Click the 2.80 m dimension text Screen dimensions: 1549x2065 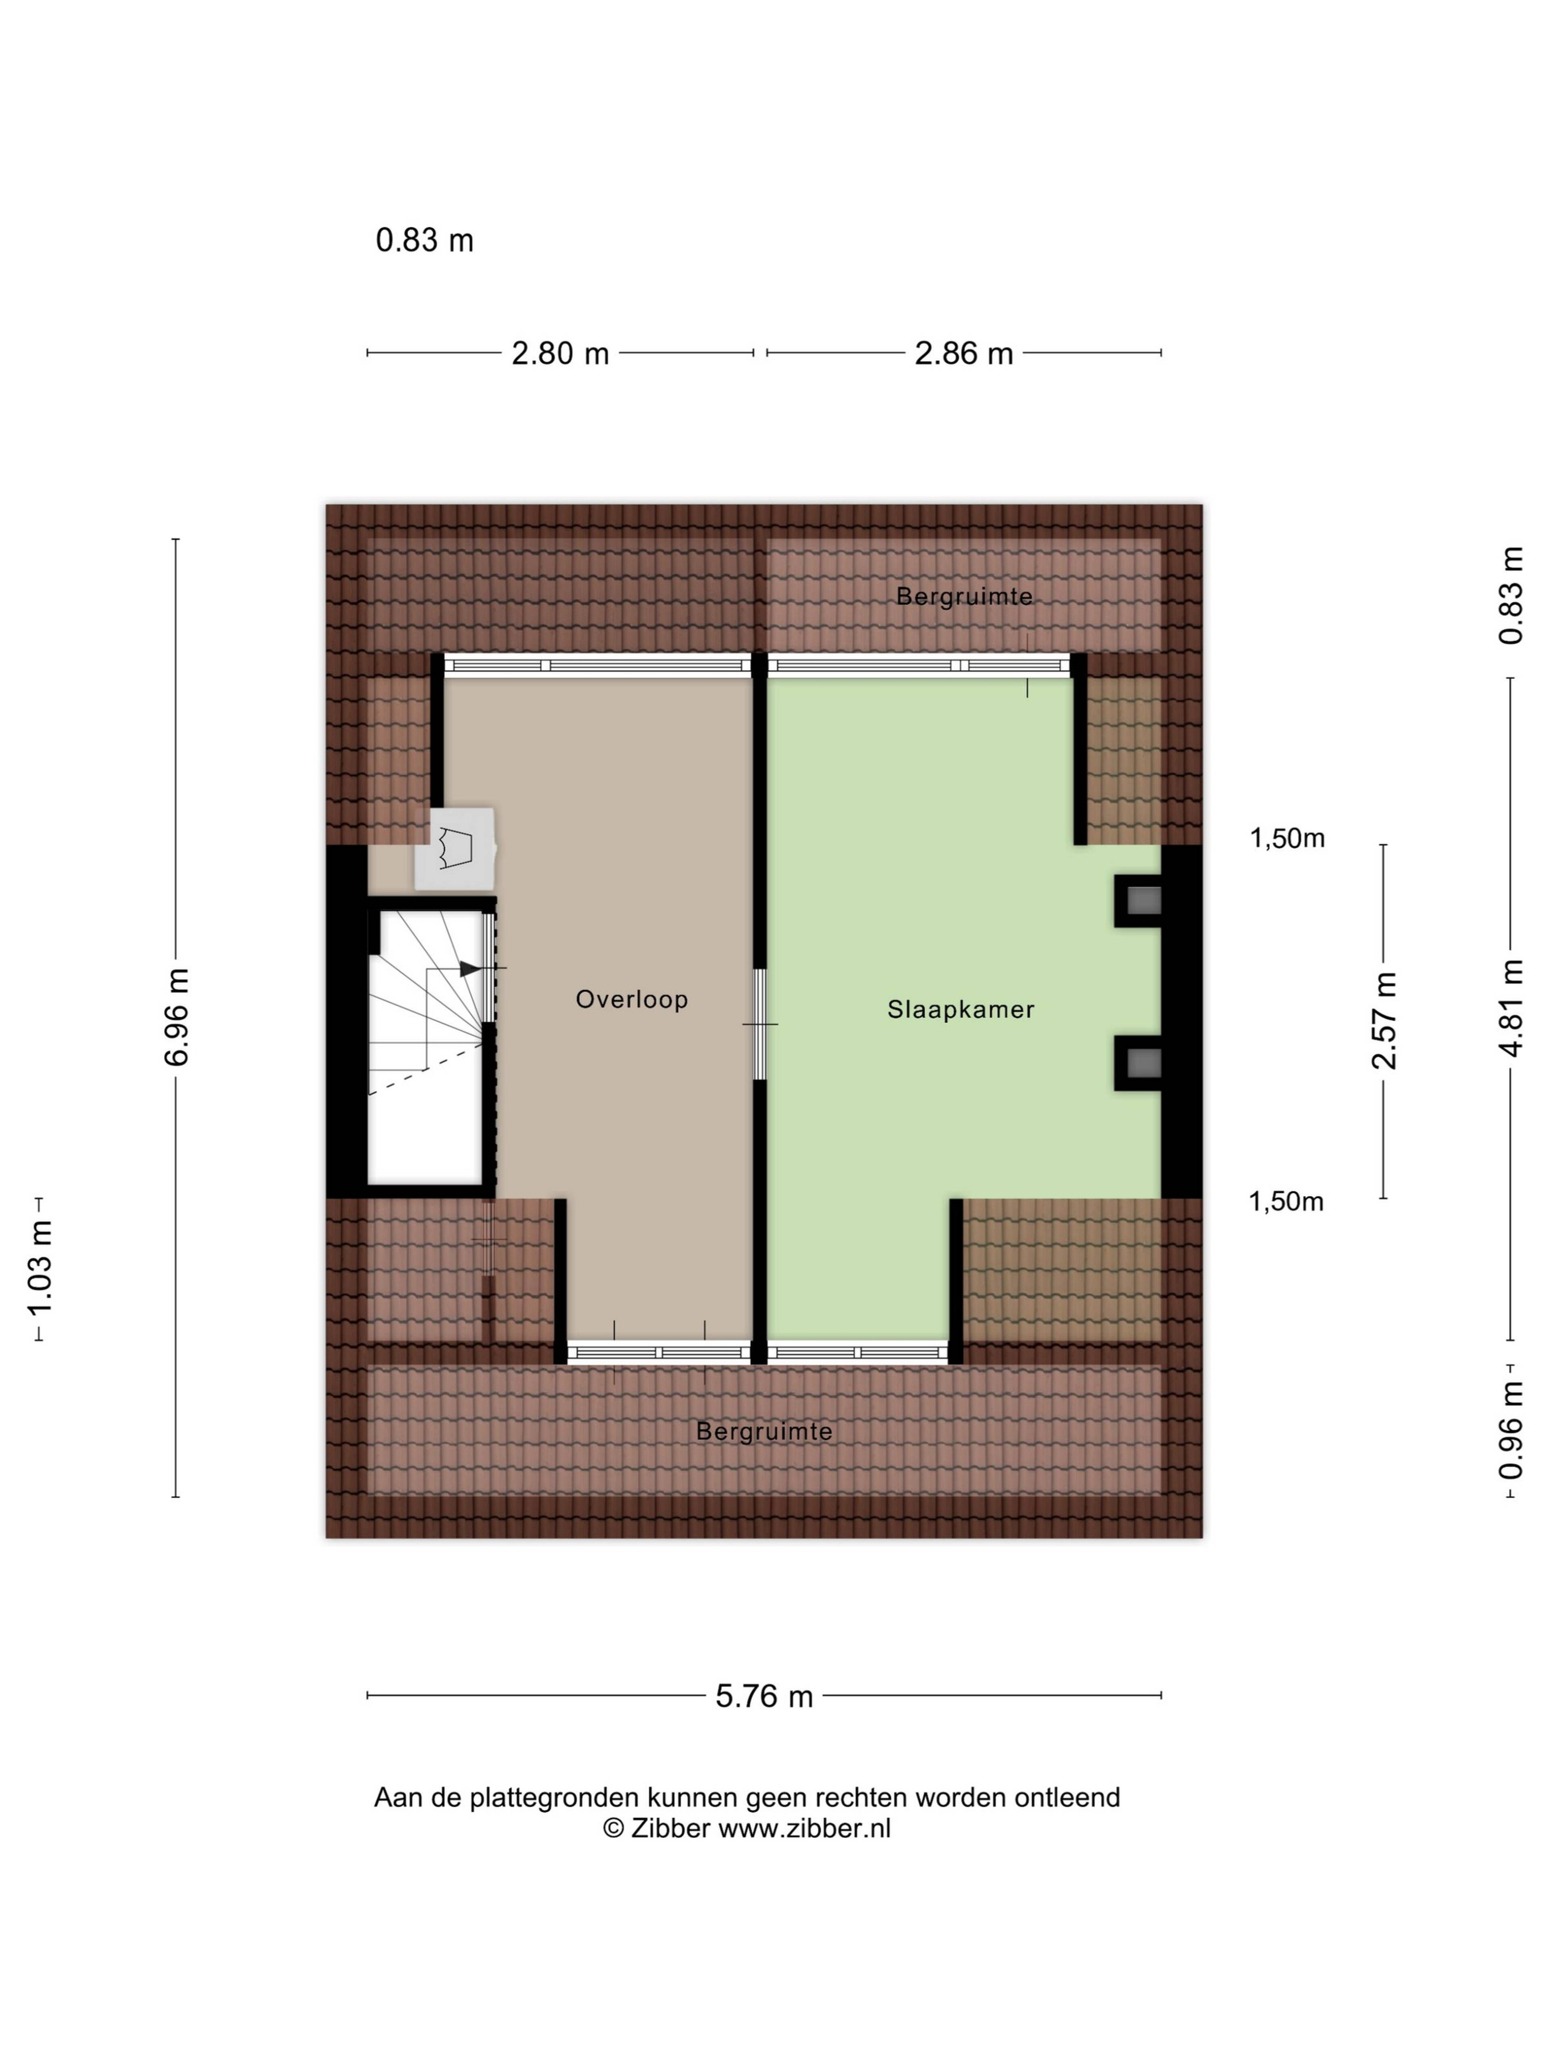(x=560, y=354)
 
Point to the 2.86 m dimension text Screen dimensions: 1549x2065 (x=964, y=354)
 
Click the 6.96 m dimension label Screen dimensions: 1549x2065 (x=176, y=1017)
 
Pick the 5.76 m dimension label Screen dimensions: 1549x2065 (x=764, y=1696)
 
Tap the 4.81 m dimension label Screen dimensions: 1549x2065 (x=1511, y=1007)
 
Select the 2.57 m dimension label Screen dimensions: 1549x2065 (x=1384, y=1020)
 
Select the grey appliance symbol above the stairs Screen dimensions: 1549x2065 (x=455, y=849)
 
